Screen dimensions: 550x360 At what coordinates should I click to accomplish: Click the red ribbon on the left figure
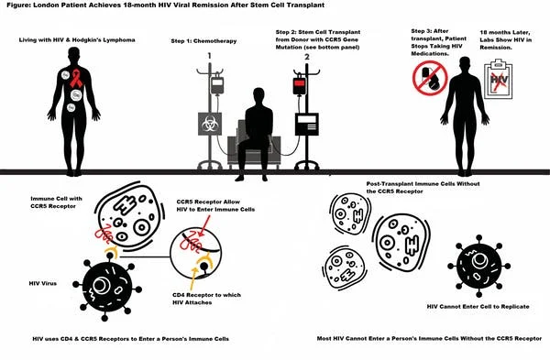pos(76,78)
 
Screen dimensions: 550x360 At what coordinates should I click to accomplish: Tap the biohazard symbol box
pos(210,124)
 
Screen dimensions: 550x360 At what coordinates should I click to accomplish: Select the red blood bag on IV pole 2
pos(299,85)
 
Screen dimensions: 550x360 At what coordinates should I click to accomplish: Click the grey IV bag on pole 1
pos(217,85)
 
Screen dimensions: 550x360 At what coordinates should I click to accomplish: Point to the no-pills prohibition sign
pos(430,78)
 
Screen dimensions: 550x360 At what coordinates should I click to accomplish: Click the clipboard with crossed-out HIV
pos(498,80)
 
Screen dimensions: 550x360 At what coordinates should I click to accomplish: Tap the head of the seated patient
pos(258,96)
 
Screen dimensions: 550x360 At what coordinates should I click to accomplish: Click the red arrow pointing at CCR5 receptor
pos(203,225)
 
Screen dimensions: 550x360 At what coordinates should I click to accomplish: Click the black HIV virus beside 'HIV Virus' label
pos(107,287)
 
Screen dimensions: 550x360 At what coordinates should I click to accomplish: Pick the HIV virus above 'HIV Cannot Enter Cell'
pos(479,266)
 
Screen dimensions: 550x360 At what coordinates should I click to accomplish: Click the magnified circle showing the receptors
pos(196,254)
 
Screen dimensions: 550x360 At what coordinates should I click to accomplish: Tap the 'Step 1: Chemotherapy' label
pos(203,41)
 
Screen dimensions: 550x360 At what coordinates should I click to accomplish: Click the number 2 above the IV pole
pos(307,57)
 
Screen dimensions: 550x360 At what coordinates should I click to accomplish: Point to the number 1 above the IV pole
pos(209,56)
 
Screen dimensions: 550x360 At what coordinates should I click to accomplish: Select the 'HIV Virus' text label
pos(43,283)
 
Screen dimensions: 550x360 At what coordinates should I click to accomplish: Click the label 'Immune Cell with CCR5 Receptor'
pos(56,202)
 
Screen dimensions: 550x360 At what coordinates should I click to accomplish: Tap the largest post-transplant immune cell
pos(401,242)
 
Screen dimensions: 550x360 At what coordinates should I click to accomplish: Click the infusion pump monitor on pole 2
pos(307,124)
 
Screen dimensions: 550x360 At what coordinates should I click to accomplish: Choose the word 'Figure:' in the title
pos(18,5)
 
